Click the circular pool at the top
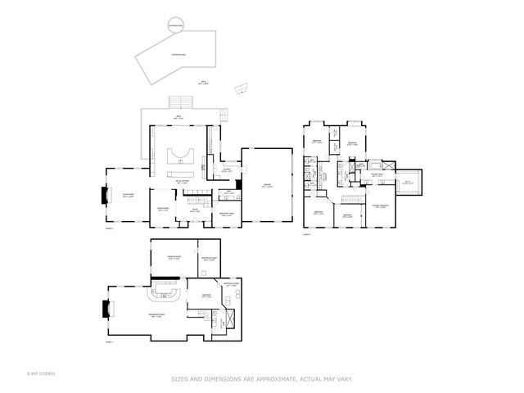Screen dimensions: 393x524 pyautogui.click(x=175, y=25)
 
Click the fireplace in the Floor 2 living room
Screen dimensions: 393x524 pyautogui.click(x=104, y=196)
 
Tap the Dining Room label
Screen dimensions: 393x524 pyautogui.click(x=164, y=210)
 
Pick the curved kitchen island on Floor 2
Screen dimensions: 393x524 pyautogui.click(x=180, y=155)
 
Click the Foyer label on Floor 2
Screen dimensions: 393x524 pyautogui.click(x=196, y=210)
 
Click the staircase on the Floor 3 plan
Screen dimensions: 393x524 pyautogui.click(x=351, y=201)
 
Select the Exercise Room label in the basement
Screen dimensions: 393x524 pyautogui.click(x=174, y=257)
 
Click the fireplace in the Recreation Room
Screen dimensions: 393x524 pyautogui.click(x=104, y=309)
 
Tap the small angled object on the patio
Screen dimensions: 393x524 pyautogui.click(x=242, y=88)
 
